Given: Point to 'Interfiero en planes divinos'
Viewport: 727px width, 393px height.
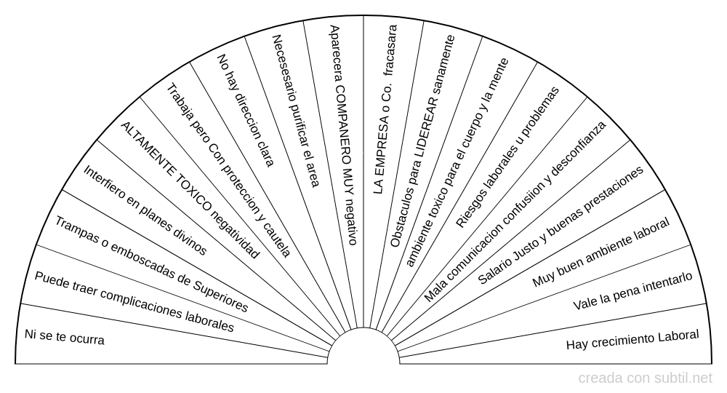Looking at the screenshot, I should [145, 210].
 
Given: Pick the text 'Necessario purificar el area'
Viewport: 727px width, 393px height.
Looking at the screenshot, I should [294, 110].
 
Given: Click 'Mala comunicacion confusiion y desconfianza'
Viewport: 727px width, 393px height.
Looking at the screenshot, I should [515, 212].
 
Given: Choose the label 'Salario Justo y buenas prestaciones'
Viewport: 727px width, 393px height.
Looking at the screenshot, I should [561, 226].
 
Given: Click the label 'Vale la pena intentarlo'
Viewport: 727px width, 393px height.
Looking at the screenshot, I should [632, 291].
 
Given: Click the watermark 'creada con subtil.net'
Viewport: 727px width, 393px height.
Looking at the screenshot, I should [646, 378].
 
